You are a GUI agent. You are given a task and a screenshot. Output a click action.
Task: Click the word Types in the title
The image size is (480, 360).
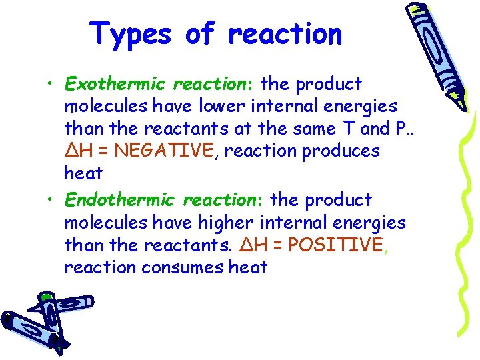131,34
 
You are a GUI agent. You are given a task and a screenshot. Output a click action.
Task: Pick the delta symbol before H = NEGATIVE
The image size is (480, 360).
71,151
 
